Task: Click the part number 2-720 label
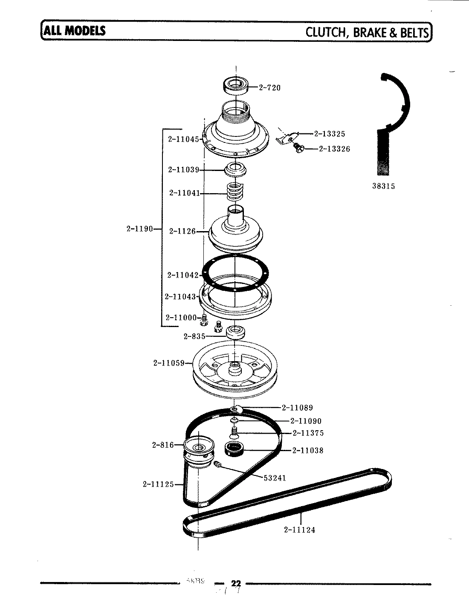point(269,88)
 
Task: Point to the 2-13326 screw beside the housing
point(298,148)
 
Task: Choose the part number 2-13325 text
point(330,134)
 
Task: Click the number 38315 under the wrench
point(383,186)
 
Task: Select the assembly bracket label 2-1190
point(139,229)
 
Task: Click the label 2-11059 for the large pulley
point(169,363)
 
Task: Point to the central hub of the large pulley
point(235,368)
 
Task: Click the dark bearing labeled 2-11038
point(233,449)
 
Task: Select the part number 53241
point(275,478)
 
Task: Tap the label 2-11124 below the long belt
point(300,530)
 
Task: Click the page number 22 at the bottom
point(236,583)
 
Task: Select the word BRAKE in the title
point(369,32)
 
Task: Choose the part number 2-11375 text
point(308,433)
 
